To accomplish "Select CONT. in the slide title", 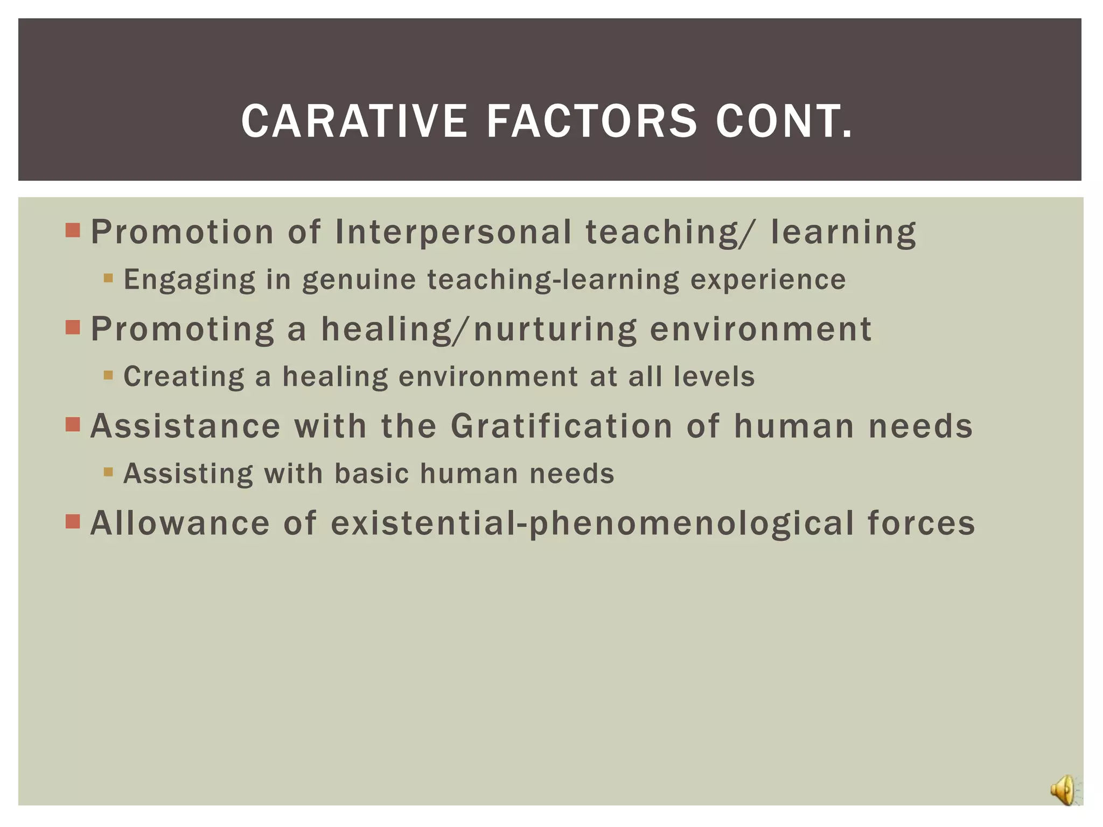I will click(x=784, y=121).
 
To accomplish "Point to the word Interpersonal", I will click(x=453, y=232).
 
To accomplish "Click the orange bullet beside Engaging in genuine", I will click(x=108, y=278).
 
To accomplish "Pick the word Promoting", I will click(x=183, y=329).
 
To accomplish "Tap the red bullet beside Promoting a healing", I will click(x=73, y=327).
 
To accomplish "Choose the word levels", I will click(x=714, y=376).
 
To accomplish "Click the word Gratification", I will click(x=562, y=426).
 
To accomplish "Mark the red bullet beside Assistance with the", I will click(x=73, y=425).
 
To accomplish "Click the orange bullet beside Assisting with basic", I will click(x=108, y=472).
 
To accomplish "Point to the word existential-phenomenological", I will click(x=592, y=524).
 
